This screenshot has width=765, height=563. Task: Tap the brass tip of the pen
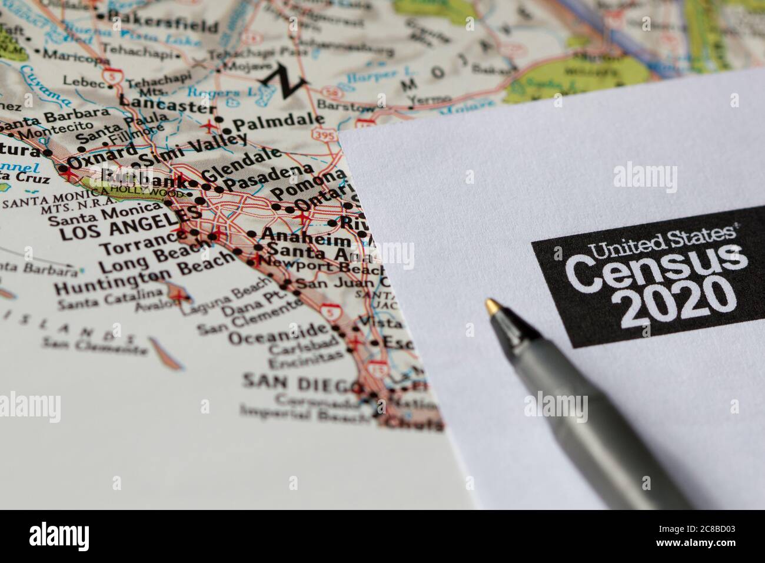[x=491, y=306]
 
